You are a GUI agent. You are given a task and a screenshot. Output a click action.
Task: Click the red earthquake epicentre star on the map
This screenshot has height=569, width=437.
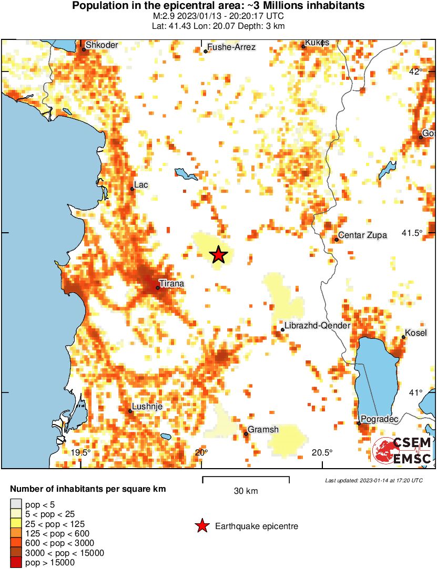[x=219, y=255]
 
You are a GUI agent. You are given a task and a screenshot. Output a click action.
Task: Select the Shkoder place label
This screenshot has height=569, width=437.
[x=102, y=45]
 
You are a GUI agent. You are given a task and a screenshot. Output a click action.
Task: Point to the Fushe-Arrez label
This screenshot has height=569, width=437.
[x=232, y=47]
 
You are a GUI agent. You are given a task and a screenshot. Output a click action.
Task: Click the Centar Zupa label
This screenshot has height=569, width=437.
[x=362, y=235]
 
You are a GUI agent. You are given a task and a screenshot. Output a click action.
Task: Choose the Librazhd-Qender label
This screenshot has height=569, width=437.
[x=317, y=326]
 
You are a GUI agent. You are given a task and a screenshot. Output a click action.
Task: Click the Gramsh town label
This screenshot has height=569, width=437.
[x=263, y=430]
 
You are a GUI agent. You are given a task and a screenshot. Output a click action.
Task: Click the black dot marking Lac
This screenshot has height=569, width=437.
[x=132, y=189]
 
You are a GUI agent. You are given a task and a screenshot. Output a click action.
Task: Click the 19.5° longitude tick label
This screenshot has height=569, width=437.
[x=81, y=452]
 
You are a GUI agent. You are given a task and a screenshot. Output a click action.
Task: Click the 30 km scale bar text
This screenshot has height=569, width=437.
[x=246, y=491]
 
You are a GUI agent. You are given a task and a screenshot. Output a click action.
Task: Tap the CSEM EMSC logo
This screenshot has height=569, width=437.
[x=402, y=451]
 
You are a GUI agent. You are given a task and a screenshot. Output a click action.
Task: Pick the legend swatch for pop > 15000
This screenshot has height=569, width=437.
[x=16, y=563]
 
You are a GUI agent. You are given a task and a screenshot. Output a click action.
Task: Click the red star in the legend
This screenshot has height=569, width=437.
[x=202, y=526]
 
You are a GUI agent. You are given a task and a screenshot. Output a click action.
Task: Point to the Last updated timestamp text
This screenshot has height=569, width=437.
[x=373, y=480]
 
